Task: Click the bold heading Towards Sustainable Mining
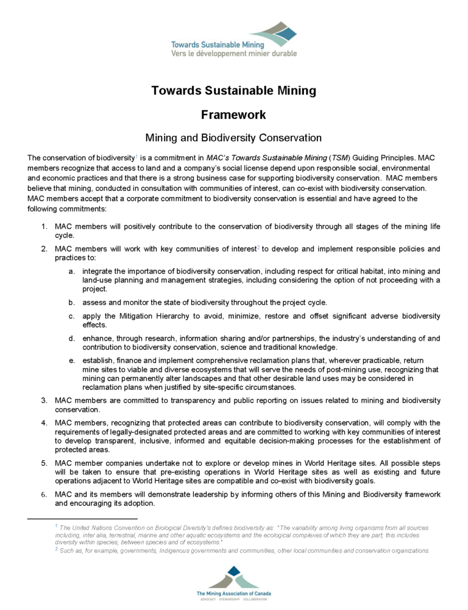pyautogui.click(x=234, y=91)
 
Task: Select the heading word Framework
pyautogui.click(x=234, y=114)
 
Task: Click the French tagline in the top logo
pyautogui.click(x=234, y=53)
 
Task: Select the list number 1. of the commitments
pyautogui.click(x=44, y=227)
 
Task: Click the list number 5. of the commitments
pyautogui.click(x=44, y=464)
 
